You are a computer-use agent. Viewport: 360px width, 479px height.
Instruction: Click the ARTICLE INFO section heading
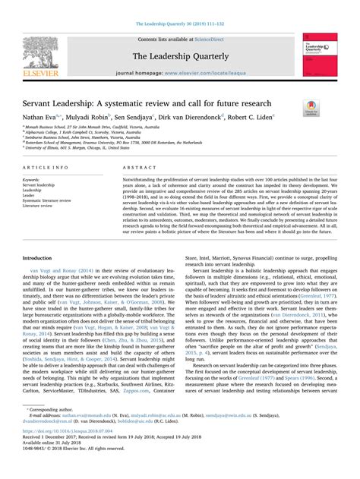pyautogui.click(x=48, y=165)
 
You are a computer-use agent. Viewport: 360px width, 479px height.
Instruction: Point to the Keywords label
pyautogui.click(x=33, y=180)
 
